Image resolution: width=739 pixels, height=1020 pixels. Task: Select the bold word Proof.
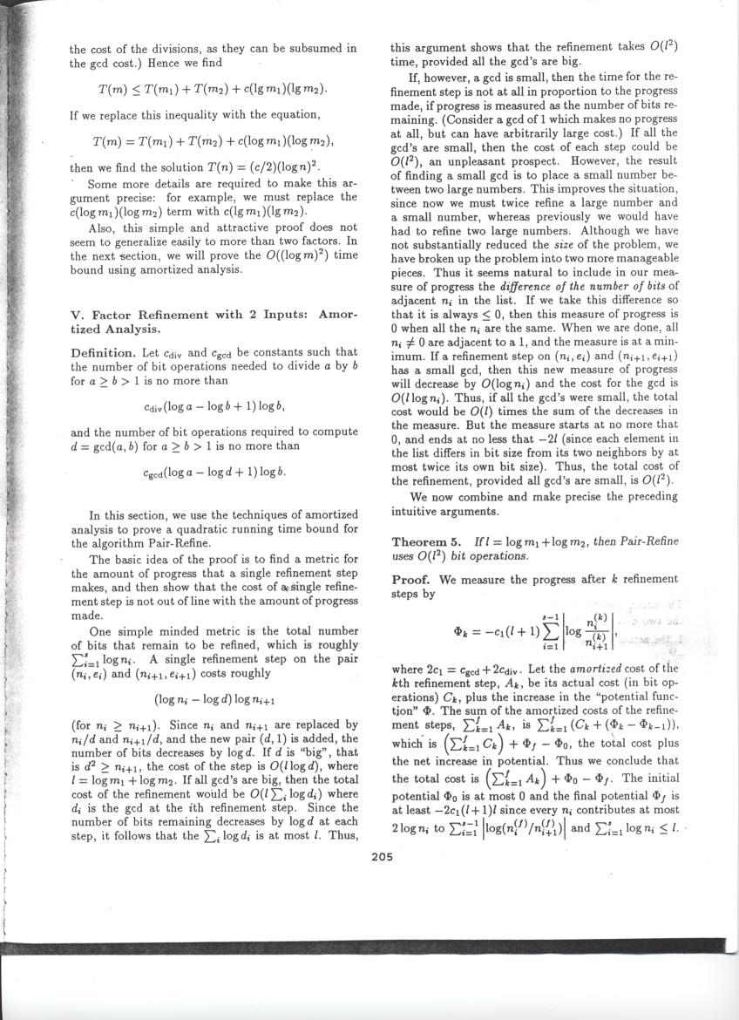pos(415,579)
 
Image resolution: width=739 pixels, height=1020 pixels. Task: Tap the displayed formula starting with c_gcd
pos(214,474)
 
